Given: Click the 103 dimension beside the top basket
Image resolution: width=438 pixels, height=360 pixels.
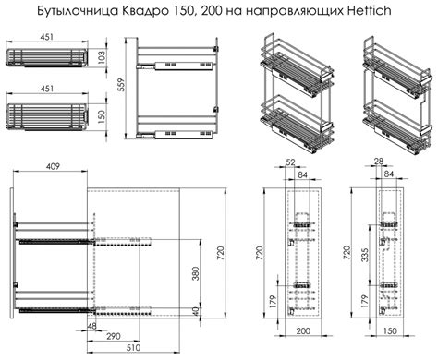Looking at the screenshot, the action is coord(99,57).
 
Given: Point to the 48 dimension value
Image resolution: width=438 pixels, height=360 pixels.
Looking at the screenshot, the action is coord(93,326).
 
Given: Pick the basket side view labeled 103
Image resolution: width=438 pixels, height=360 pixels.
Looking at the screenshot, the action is coord(45,56).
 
